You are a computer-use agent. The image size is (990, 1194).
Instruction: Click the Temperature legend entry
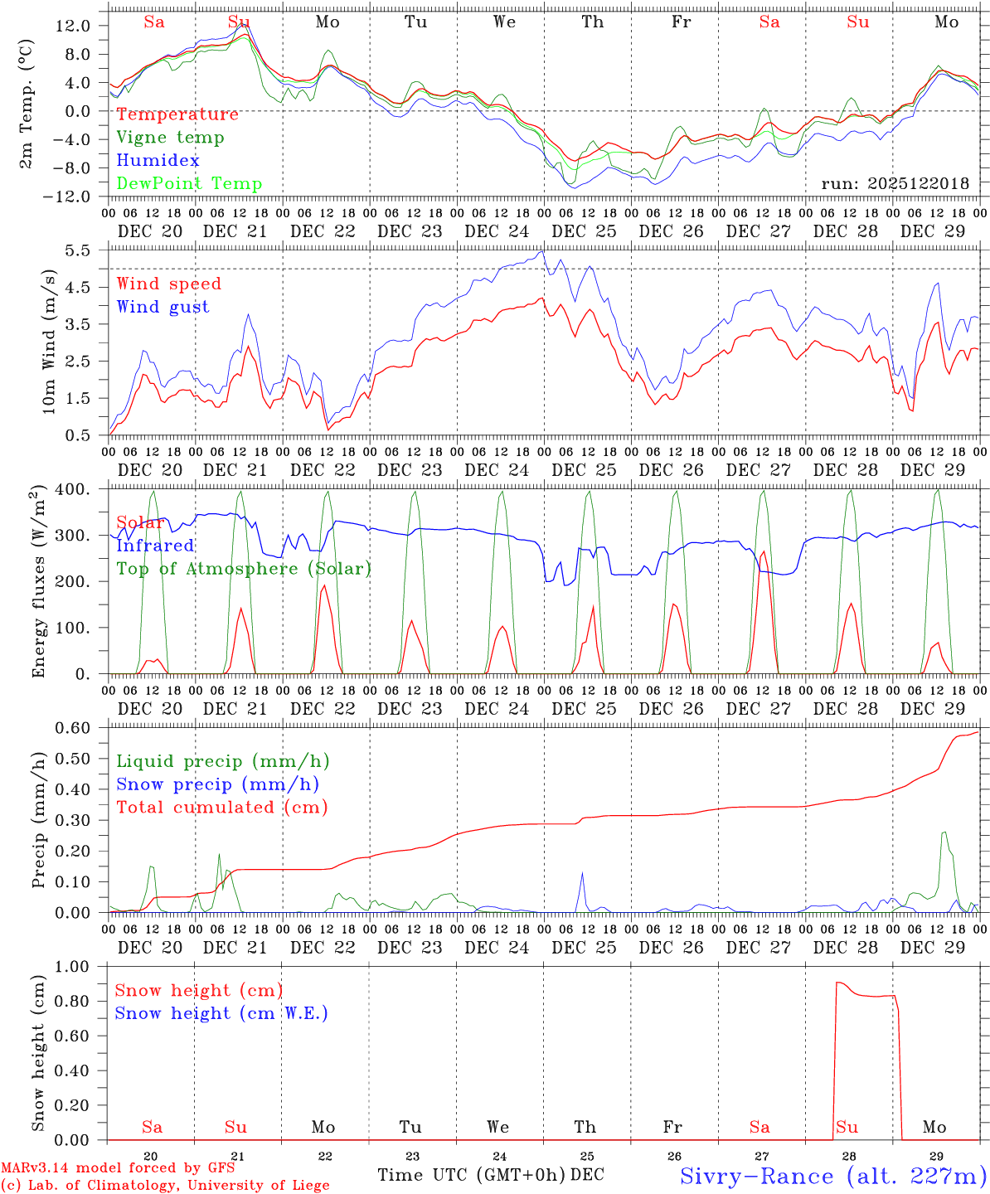(x=177, y=114)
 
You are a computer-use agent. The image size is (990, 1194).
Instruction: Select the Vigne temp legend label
(x=170, y=138)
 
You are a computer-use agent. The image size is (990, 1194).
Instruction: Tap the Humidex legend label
(x=158, y=161)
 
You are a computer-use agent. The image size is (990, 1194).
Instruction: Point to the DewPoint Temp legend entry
(x=189, y=184)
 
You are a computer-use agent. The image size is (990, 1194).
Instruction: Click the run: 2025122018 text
(x=895, y=184)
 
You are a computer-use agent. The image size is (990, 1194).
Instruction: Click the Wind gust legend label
(x=163, y=307)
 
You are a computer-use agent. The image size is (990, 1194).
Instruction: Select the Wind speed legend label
(x=168, y=284)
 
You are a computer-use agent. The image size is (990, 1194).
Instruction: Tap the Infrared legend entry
(x=155, y=546)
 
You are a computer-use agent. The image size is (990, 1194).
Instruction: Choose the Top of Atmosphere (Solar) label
(x=243, y=569)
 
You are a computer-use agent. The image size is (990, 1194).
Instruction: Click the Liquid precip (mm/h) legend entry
(x=222, y=761)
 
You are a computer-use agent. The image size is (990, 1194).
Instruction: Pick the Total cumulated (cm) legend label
(x=221, y=808)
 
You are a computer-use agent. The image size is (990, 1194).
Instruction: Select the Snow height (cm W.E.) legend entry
(x=221, y=1013)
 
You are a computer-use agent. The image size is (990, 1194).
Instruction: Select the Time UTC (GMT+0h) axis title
(x=472, y=1175)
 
